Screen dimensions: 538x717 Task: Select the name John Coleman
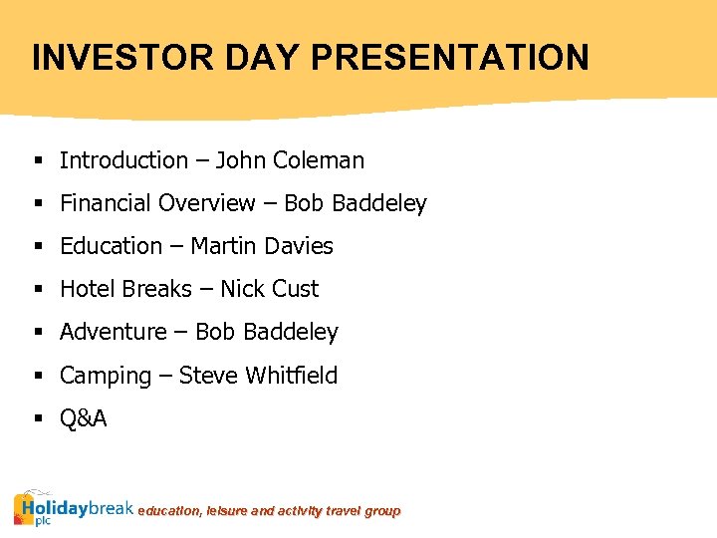pyautogui.click(x=290, y=160)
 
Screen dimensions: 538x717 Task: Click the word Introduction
pyautogui.click(x=123, y=160)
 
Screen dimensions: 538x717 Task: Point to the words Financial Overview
pyautogui.click(x=157, y=203)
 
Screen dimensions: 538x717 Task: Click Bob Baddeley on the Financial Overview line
pyautogui.click(x=356, y=203)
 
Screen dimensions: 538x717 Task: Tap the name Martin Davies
pyautogui.click(x=262, y=246)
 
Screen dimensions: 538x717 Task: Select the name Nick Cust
pyautogui.click(x=269, y=289)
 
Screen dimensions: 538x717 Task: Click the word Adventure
pyautogui.click(x=114, y=332)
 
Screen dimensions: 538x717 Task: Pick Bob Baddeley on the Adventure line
pyautogui.click(x=267, y=332)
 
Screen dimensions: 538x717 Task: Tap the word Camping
pyautogui.click(x=106, y=376)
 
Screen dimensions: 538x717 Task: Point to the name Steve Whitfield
pyautogui.click(x=258, y=376)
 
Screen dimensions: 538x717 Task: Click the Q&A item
pyautogui.click(x=83, y=418)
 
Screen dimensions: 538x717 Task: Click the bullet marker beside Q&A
pyautogui.click(x=37, y=418)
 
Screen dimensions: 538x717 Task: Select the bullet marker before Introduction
pyautogui.click(x=37, y=160)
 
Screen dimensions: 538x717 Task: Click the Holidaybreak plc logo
pyautogui.click(x=73, y=508)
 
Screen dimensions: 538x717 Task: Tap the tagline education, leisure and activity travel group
pyautogui.click(x=269, y=511)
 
